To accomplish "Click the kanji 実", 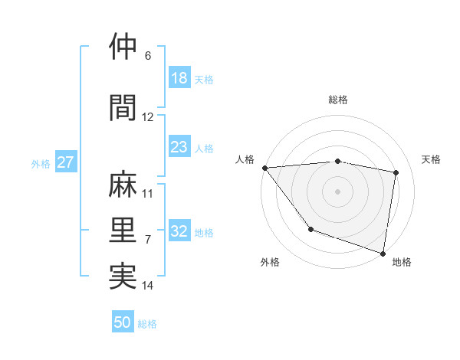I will (x=123, y=275).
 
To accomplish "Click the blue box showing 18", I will (x=179, y=78).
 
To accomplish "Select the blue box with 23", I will (x=179, y=147).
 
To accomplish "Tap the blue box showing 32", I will (x=179, y=232).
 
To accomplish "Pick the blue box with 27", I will (x=65, y=162).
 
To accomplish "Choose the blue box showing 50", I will (x=123, y=322).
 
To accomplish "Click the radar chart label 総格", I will (x=338, y=100).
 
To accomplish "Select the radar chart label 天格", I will (x=432, y=159).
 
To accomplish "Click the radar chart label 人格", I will (x=245, y=159).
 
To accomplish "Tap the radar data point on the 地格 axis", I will (x=383, y=252).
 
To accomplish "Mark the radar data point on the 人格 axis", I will (x=264, y=168).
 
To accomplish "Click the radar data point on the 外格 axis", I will (x=310, y=229).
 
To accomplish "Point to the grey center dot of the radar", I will (x=338, y=191).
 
